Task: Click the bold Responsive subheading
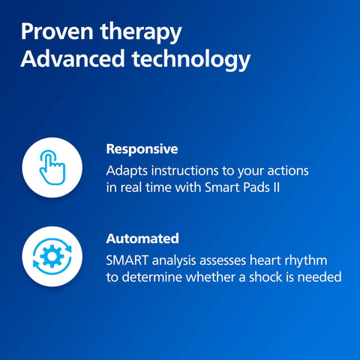(142, 148)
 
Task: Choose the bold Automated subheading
(142, 238)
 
